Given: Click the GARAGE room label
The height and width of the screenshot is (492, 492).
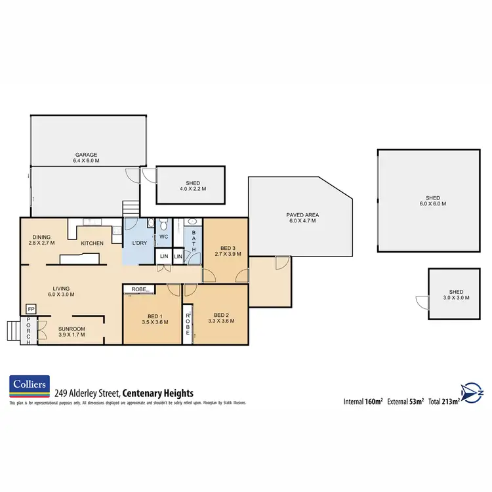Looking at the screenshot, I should [x=85, y=155].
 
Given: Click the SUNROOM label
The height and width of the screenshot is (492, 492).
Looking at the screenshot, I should [x=72, y=330].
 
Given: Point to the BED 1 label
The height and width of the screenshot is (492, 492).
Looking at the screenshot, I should [x=155, y=318].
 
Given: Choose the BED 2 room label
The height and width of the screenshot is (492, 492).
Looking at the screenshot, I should [x=220, y=318].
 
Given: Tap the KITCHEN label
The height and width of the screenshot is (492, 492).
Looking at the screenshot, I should [x=92, y=243].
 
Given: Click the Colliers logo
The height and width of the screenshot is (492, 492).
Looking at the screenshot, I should [x=29, y=388].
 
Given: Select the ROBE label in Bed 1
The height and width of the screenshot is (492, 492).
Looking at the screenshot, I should [x=138, y=289].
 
